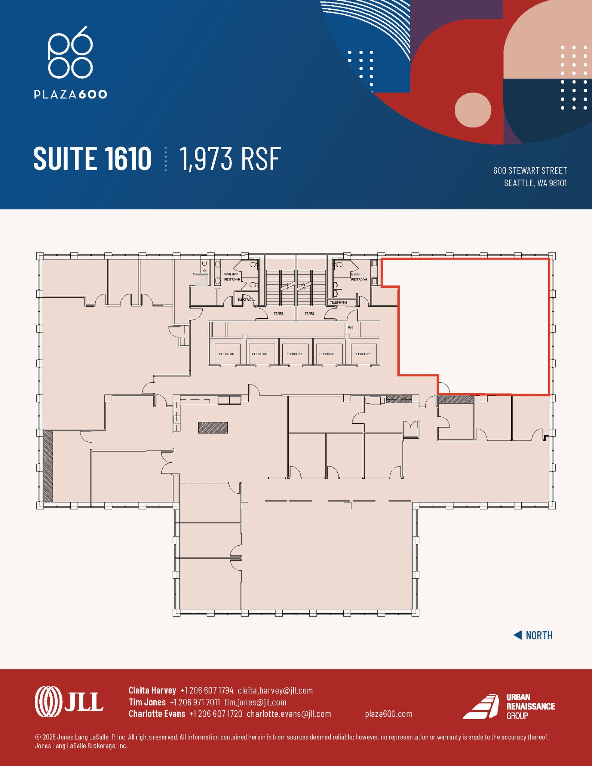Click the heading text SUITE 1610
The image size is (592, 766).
tap(92, 159)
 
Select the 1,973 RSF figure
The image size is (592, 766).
tap(230, 159)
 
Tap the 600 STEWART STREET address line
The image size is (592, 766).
tap(530, 171)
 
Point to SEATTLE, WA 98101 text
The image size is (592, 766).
tap(535, 183)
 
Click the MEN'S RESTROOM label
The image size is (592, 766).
tap(359, 277)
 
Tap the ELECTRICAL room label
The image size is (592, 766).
tap(246, 300)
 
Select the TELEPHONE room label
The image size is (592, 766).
tap(338, 302)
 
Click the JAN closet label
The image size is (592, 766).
tap(350, 327)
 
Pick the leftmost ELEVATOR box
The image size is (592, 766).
tap(227, 354)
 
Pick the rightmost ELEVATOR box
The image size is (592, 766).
tap(362, 354)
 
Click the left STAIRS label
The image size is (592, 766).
tap(278, 313)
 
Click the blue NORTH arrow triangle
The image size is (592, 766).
tap(518, 635)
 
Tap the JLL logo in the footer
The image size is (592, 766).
tap(69, 702)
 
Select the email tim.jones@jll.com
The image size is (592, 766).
tap(255, 702)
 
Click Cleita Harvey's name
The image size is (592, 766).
tap(152, 690)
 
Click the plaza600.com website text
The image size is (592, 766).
tap(388, 714)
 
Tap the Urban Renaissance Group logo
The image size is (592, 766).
tap(509, 706)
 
